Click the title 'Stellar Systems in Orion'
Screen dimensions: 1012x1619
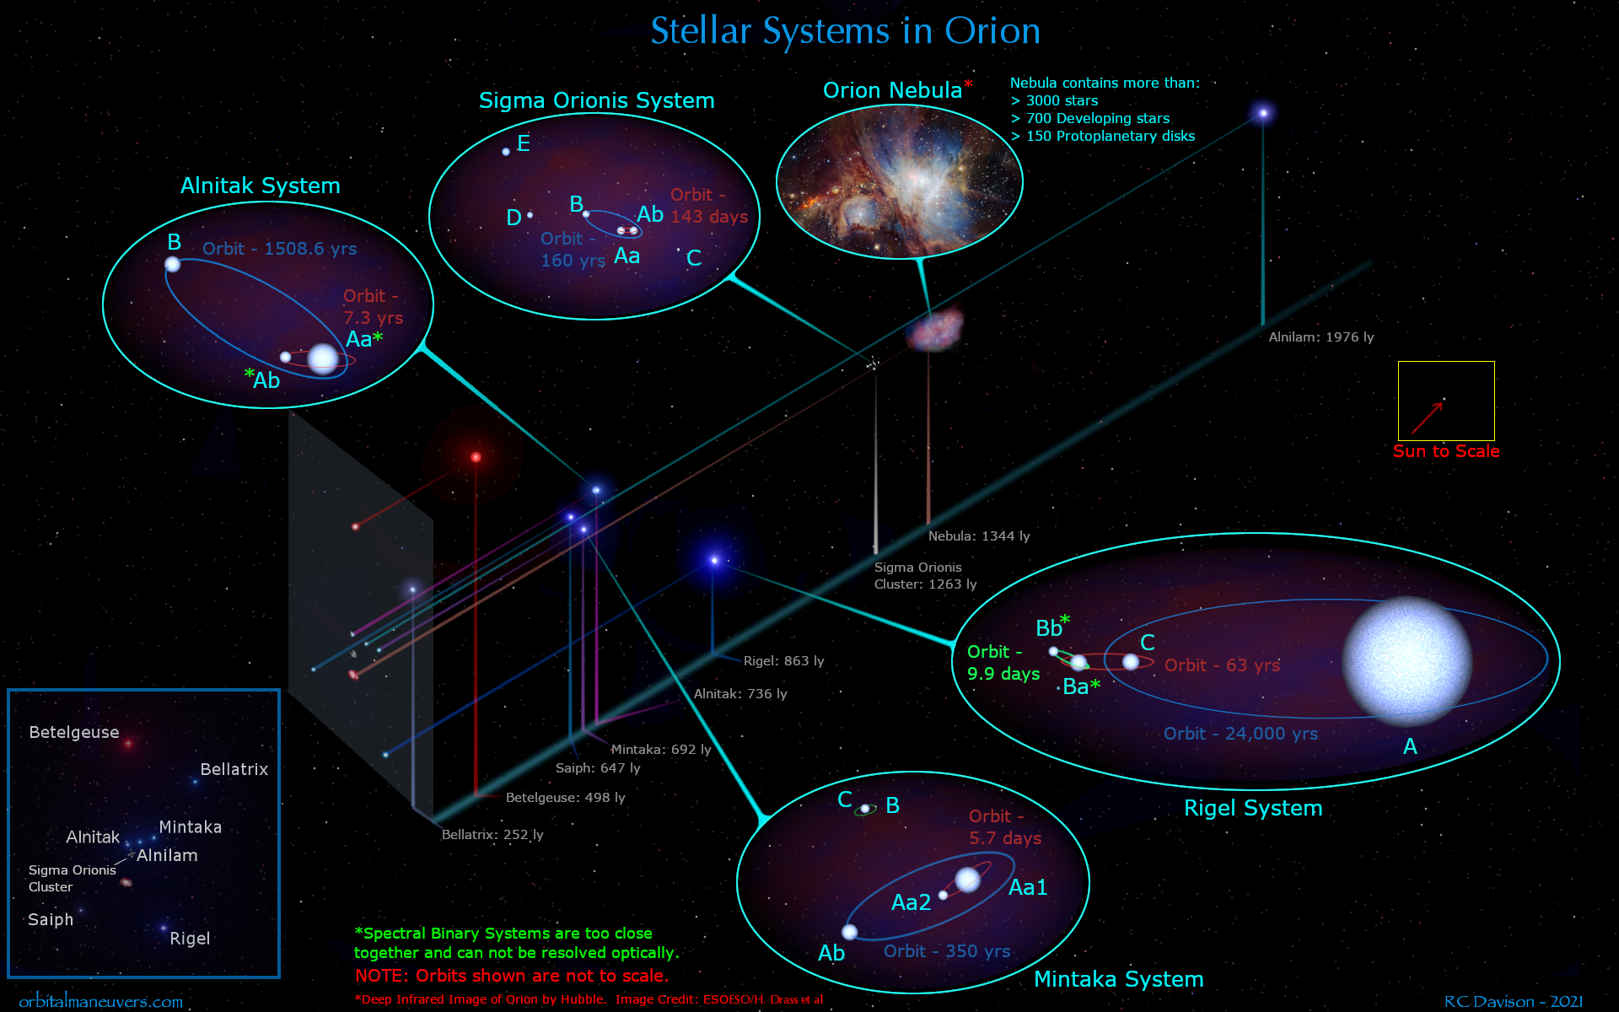pyautogui.click(x=845, y=32)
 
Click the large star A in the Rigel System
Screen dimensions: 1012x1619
pyautogui.click(x=1407, y=661)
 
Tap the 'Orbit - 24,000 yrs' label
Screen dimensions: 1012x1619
pyautogui.click(x=1240, y=734)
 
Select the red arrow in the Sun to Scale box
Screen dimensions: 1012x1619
pyautogui.click(x=1427, y=417)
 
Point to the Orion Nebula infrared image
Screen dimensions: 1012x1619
pyautogui.click(x=899, y=182)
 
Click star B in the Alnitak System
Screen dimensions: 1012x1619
pyautogui.click(x=173, y=265)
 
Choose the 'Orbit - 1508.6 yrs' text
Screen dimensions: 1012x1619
pyautogui.click(x=279, y=249)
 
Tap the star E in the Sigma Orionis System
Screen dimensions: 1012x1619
pyautogui.click(x=506, y=152)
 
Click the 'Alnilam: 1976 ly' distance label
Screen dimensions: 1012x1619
pyautogui.click(x=1320, y=337)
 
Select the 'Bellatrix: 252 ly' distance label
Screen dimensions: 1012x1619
pyautogui.click(x=492, y=835)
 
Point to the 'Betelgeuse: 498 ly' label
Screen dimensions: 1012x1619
pyautogui.click(x=565, y=798)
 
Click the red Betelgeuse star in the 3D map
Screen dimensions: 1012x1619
pyautogui.click(x=476, y=457)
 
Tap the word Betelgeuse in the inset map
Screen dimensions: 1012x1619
pyautogui.click(x=74, y=732)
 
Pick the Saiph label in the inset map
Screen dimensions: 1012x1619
pyautogui.click(x=51, y=919)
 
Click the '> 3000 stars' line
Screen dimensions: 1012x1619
pyautogui.click(x=1054, y=101)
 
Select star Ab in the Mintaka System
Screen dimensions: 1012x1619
pyautogui.click(x=850, y=932)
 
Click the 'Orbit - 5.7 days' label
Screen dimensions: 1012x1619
pyautogui.click(x=1004, y=827)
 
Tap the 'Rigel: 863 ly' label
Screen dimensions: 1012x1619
pyautogui.click(x=783, y=661)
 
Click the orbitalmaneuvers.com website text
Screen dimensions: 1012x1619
pyautogui.click(x=101, y=1002)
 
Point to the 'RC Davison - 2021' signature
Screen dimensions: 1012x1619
pyautogui.click(x=1513, y=1002)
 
